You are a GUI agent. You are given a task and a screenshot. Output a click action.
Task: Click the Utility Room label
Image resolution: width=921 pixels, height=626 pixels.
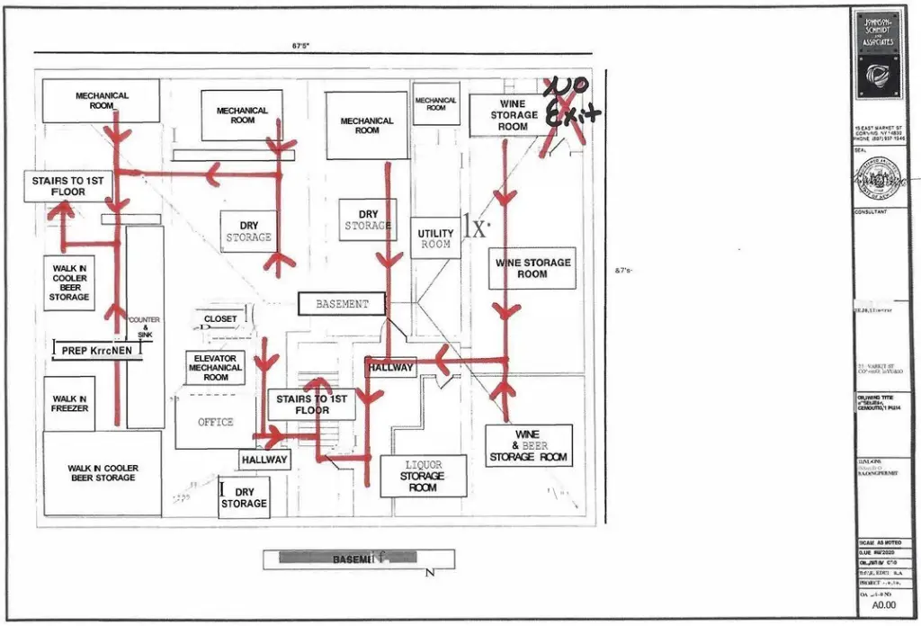(435, 238)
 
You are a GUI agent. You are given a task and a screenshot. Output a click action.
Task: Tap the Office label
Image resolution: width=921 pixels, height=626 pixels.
(216, 422)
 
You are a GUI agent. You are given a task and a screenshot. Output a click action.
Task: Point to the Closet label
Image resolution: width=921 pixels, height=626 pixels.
(220, 319)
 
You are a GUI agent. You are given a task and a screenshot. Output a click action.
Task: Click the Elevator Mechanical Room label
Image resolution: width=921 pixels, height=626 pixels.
(215, 368)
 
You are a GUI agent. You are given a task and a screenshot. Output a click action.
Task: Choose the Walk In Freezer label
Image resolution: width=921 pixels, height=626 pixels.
(69, 404)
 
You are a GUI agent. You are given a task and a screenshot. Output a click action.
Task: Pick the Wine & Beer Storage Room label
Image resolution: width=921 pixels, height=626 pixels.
(530, 446)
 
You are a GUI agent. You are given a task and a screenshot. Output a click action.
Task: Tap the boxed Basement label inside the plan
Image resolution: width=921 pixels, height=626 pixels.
(342, 304)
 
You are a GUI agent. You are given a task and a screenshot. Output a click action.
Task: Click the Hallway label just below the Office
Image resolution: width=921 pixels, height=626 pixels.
(264, 460)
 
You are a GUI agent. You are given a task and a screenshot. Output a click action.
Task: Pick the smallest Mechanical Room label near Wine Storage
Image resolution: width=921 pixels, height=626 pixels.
(436, 104)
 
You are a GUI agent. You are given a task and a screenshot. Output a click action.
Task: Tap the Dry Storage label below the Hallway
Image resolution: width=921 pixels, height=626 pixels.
(245, 497)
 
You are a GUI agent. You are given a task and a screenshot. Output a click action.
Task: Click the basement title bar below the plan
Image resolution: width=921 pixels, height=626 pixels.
(353, 559)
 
